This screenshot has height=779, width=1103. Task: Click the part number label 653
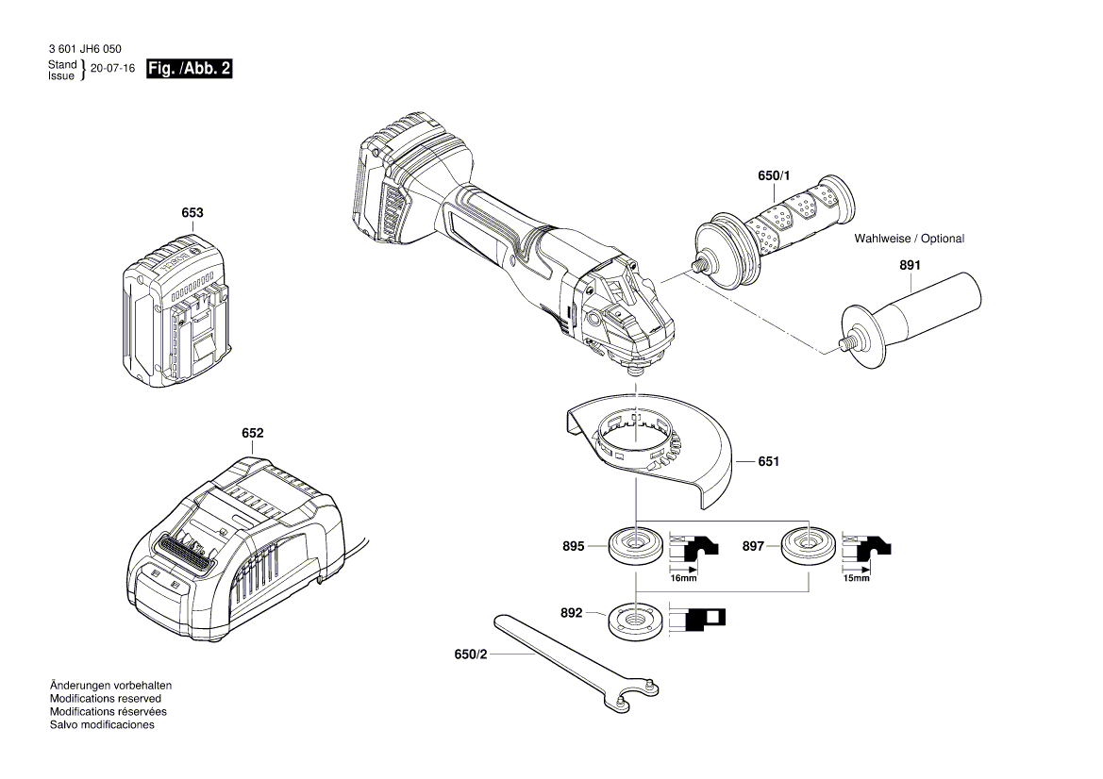click(192, 213)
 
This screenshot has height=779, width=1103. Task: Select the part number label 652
click(252, 433)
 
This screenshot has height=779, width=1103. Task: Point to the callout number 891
click(909, 266)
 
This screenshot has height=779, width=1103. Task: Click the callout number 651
click(768, 462)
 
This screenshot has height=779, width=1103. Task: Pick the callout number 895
click(573, 546)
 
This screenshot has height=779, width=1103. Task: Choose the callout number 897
click(752, 546)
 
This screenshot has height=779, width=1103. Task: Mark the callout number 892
click(573, 612)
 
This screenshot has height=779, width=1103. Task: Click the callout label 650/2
click(469, 653)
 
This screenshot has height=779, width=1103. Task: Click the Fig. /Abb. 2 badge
click(189, 69)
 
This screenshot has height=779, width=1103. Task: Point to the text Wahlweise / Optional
click(909, 239)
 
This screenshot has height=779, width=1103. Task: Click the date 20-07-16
click(111, 70)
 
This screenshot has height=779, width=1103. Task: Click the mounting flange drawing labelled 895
click(635, 546)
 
